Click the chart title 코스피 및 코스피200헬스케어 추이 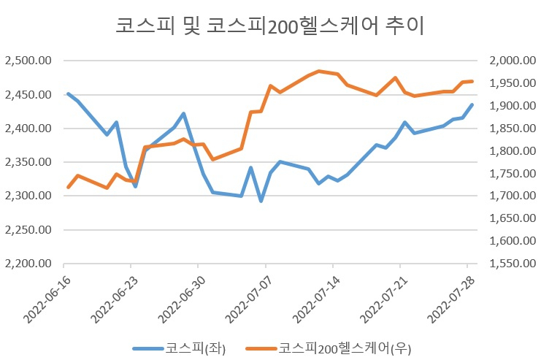tap(270, 26)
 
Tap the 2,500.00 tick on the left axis tap(28, 61)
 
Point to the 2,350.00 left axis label tap(28, 162)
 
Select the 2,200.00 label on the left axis tap(28, 264)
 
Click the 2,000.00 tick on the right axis tap(513, 61)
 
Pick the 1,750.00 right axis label tap(513, 173)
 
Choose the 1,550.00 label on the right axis tap(513, 264)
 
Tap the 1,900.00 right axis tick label tap(513, 106)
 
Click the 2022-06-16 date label tap(47, 299)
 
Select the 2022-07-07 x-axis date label tap(249, 299)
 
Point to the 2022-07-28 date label tap(451, 299)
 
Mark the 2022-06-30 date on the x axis tap(182, 299)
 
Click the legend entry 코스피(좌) tap(180, 348)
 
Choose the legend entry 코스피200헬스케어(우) tap(329, 348)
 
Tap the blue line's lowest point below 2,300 tap(261, 201)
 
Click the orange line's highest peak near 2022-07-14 tap(319, 72)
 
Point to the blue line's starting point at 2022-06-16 tap(69, 93)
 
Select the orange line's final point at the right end tap(472, 82)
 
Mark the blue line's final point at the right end tap(472, 104)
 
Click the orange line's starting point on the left tap(69, 187)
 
